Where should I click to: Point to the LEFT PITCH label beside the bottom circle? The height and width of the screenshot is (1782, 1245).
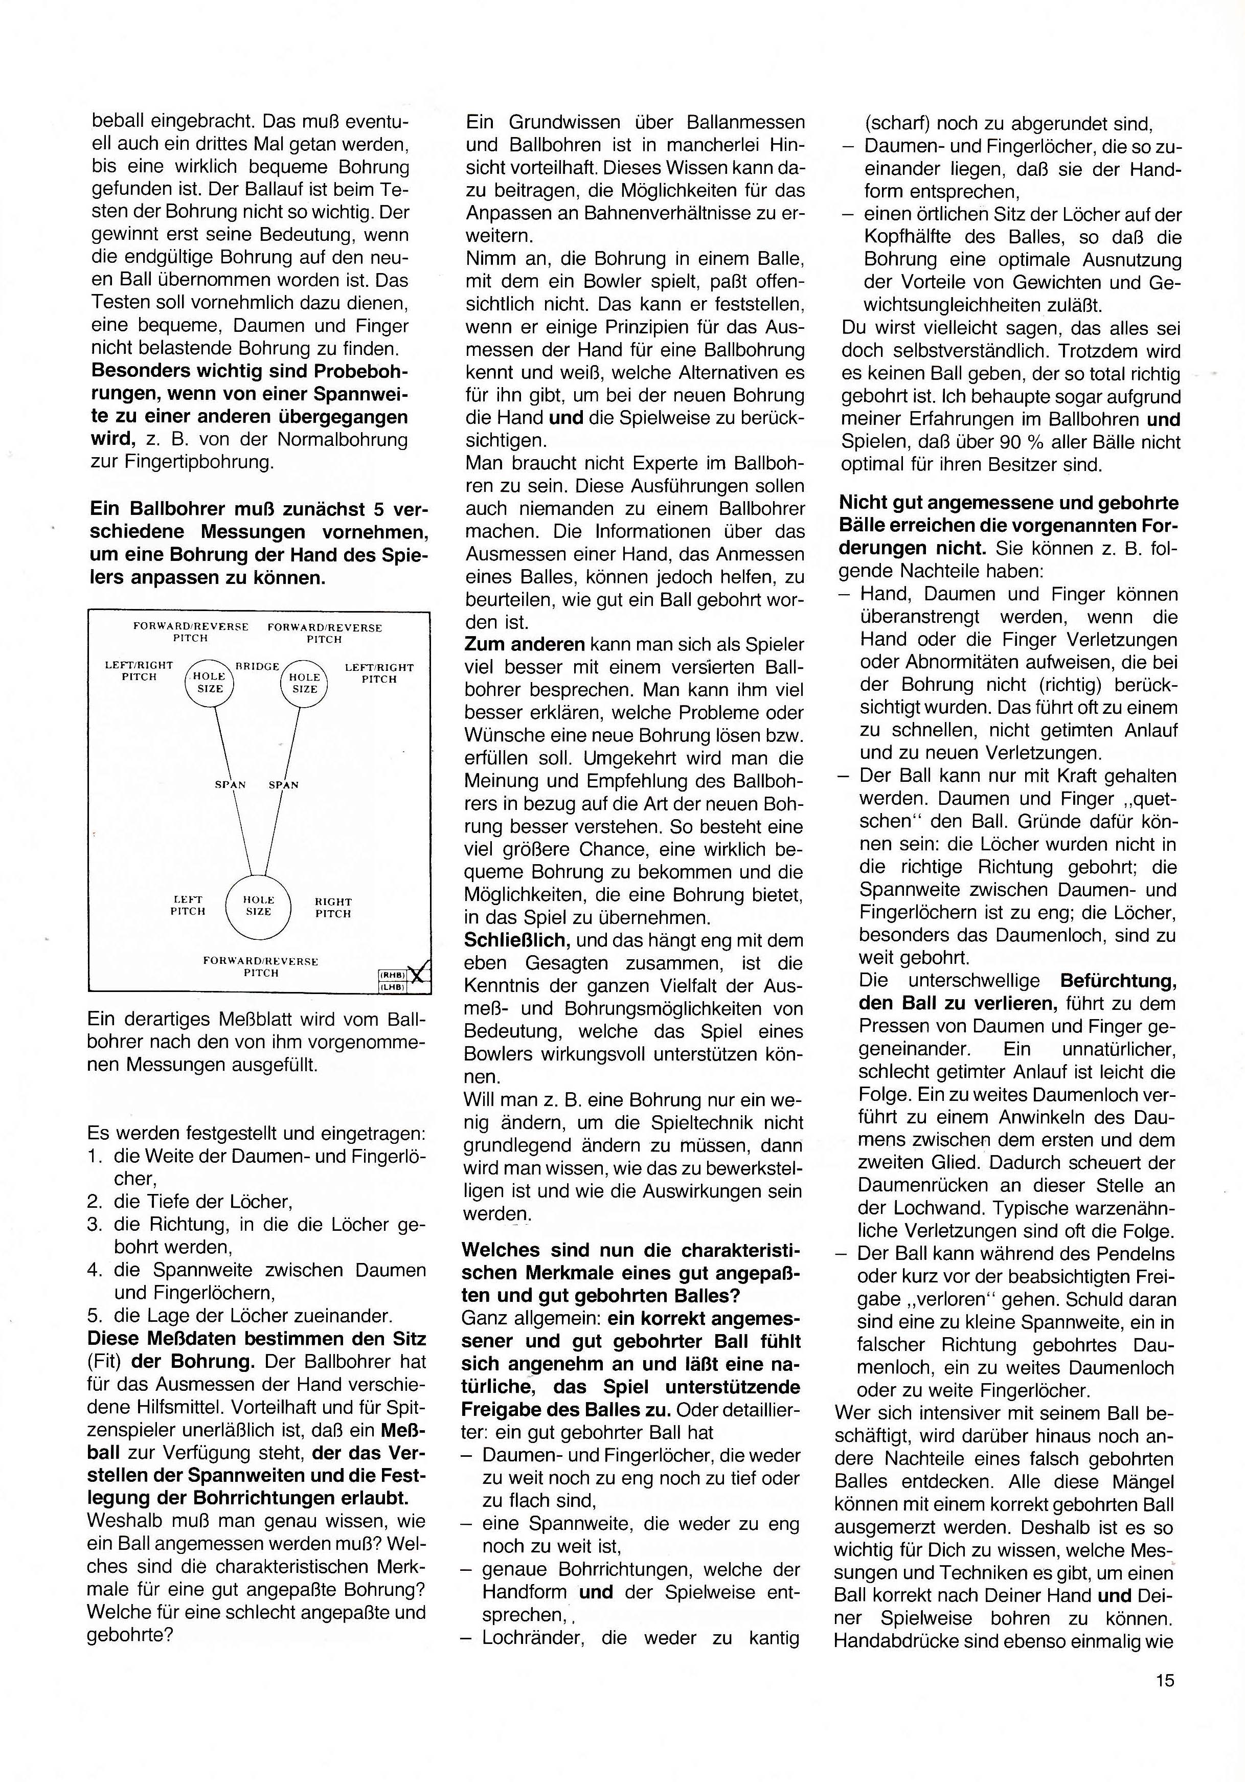pyautogui.click(x=188, y=906)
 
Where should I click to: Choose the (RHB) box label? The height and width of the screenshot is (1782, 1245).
pyautogui.click(x=393, y=975)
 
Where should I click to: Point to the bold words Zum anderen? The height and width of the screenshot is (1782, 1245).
pyautogui.click(x=524, y=644)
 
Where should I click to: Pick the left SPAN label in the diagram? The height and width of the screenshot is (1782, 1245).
pyautogui.click(x=230, y=785)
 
